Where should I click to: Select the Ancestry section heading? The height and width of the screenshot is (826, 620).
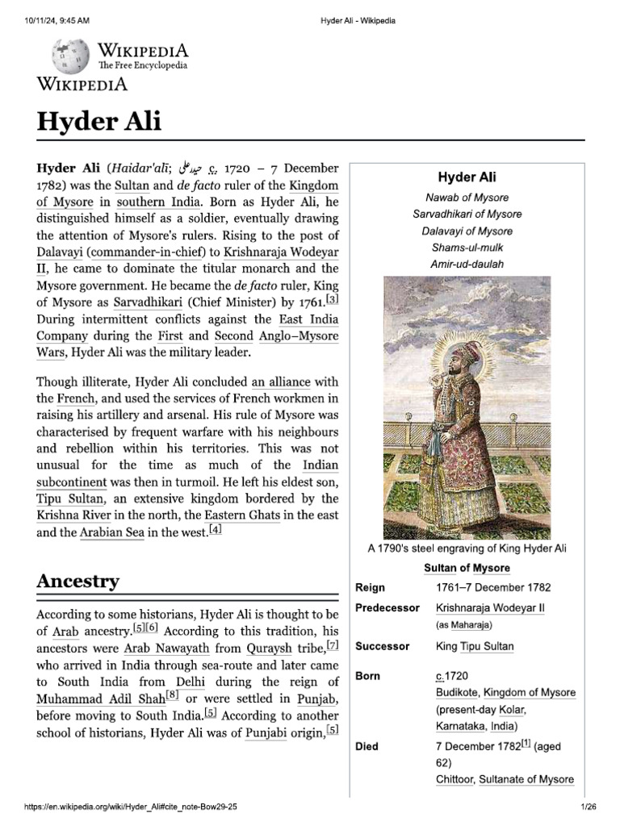77,581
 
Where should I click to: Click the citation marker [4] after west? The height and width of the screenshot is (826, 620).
215,529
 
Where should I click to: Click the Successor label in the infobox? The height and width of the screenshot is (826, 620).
383,646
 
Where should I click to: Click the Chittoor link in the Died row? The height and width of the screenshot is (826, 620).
455,779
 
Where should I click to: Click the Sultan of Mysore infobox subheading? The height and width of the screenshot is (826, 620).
467,568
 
